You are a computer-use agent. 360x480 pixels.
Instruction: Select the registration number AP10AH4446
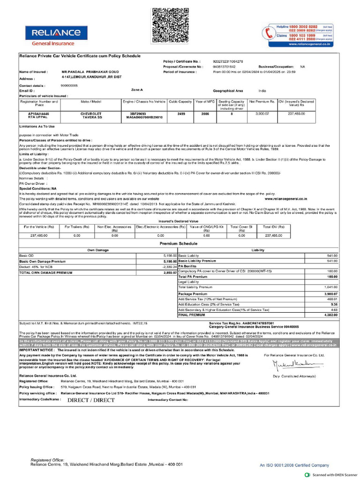click(38, 113)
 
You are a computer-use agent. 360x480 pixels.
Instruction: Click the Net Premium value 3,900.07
click(262, 113)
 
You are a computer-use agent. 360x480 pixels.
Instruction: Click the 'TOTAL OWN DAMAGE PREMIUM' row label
click(42, 272)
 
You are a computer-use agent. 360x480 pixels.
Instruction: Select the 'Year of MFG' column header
click(205, 101)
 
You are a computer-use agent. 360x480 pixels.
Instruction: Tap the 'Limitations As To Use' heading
click(37, 127)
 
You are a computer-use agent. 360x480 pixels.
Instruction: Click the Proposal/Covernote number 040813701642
click(225, 67)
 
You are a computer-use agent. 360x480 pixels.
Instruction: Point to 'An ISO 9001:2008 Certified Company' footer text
click(294, 465)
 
